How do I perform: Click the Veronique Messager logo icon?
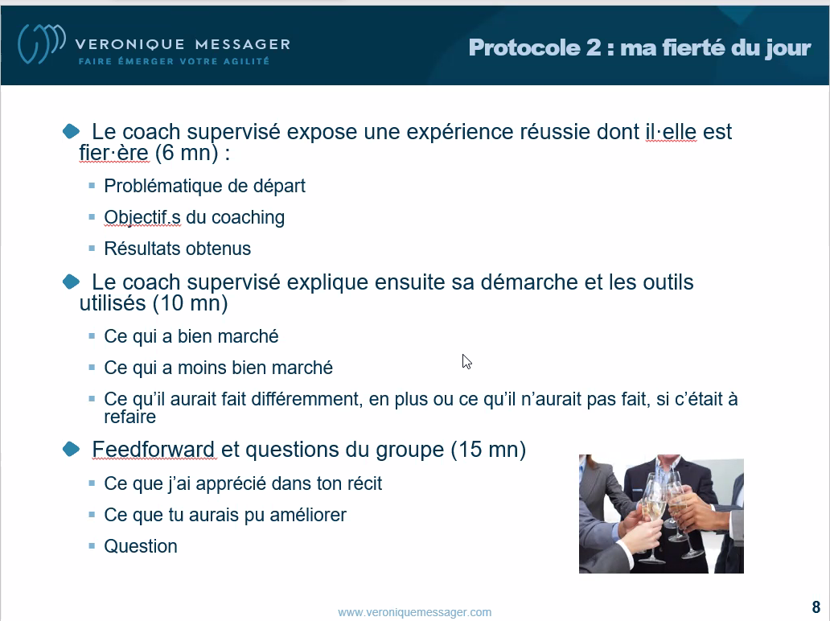[41, 43]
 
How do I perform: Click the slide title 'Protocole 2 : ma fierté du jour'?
[639, 47]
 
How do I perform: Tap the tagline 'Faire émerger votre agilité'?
[175, 61]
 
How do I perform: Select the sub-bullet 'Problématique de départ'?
[204, 186]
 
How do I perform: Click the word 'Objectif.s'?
[142, 217]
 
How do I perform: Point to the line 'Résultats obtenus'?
[177, 249]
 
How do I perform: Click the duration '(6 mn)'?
[187, 153]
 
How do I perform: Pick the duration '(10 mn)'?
[191, 303]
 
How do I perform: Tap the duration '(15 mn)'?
[488, 450]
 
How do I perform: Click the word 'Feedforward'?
[153, 450]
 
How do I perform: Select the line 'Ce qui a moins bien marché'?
[218, 368]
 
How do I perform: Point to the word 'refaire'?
[129, 417]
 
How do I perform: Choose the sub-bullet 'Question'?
[140, 546]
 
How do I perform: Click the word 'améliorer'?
[307, 515]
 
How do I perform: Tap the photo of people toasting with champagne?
[661, 513]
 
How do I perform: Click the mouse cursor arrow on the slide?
[466, 362]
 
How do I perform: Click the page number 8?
[816, 607]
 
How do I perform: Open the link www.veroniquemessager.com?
[414, 612]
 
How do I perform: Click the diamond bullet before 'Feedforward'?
[71, 449]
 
